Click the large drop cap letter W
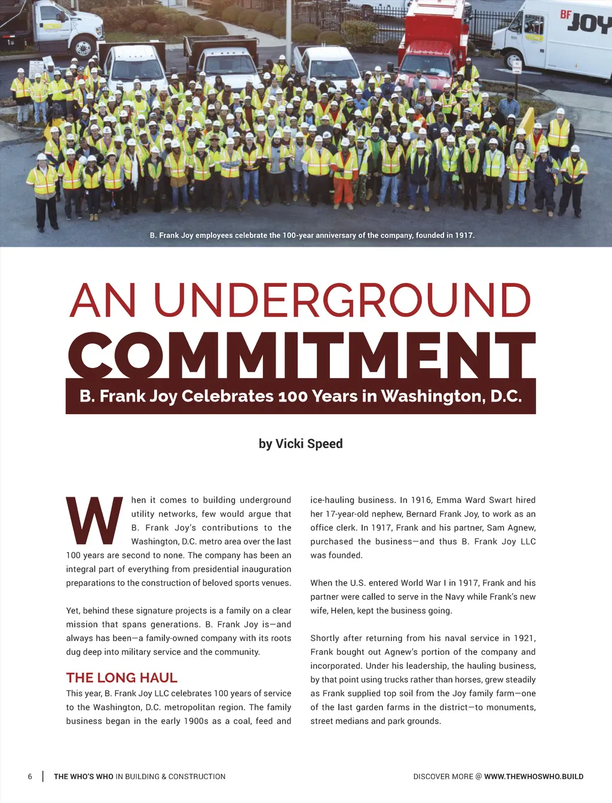point(94,520)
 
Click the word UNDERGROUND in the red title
point(342,300)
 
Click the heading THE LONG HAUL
point(122,678)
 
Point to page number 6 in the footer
point(30,777)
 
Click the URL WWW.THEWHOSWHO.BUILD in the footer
point(534,777)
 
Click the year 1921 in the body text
point(524,638)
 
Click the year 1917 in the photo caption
point(464,235)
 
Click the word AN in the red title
point(103,300)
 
